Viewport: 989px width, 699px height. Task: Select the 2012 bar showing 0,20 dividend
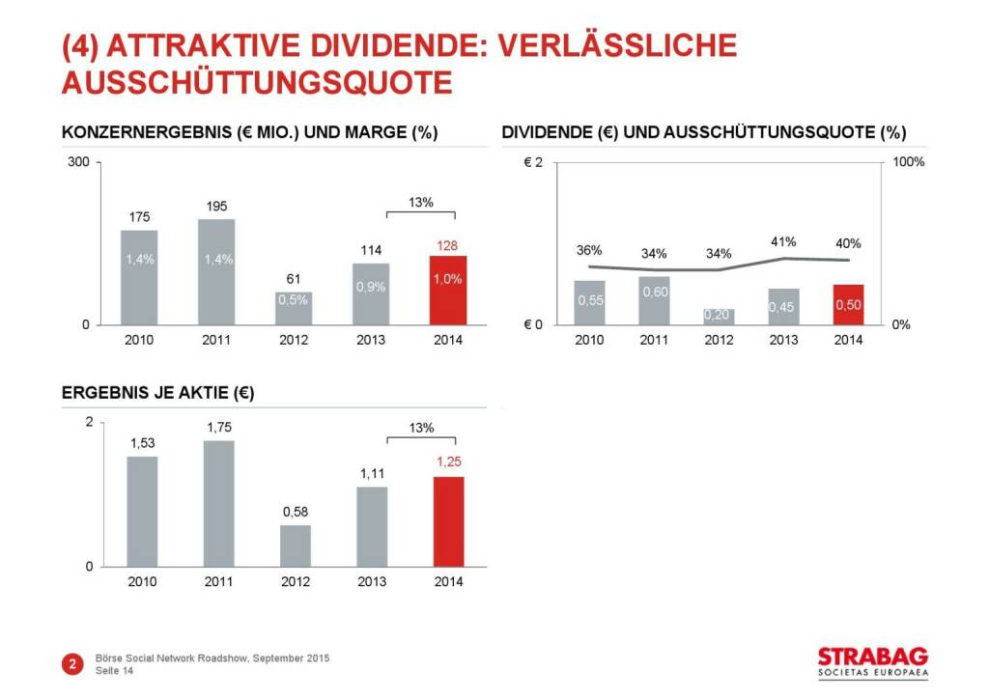pos(719,317)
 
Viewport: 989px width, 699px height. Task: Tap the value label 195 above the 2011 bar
pos(216,207)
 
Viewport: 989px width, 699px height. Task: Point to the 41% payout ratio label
pos(783,241)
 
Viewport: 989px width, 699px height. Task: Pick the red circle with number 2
pos(72,663)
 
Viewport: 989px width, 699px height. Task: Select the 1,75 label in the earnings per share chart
pos(218,427)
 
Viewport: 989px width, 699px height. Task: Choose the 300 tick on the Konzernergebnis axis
pos(78,162)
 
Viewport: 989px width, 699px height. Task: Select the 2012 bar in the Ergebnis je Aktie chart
pos(296,545)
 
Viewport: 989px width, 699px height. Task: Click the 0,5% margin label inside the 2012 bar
pos(293,299)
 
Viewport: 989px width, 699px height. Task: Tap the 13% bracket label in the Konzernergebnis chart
pos(421,203)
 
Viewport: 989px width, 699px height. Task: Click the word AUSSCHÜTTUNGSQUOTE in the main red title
pos(257,82)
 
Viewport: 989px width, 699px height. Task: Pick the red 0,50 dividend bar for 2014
pos(848,305)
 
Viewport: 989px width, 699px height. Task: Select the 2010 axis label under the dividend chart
pos(589,340)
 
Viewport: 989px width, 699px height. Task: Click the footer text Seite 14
pos(115,672)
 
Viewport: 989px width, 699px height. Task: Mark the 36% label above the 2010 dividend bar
pos(589,250)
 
